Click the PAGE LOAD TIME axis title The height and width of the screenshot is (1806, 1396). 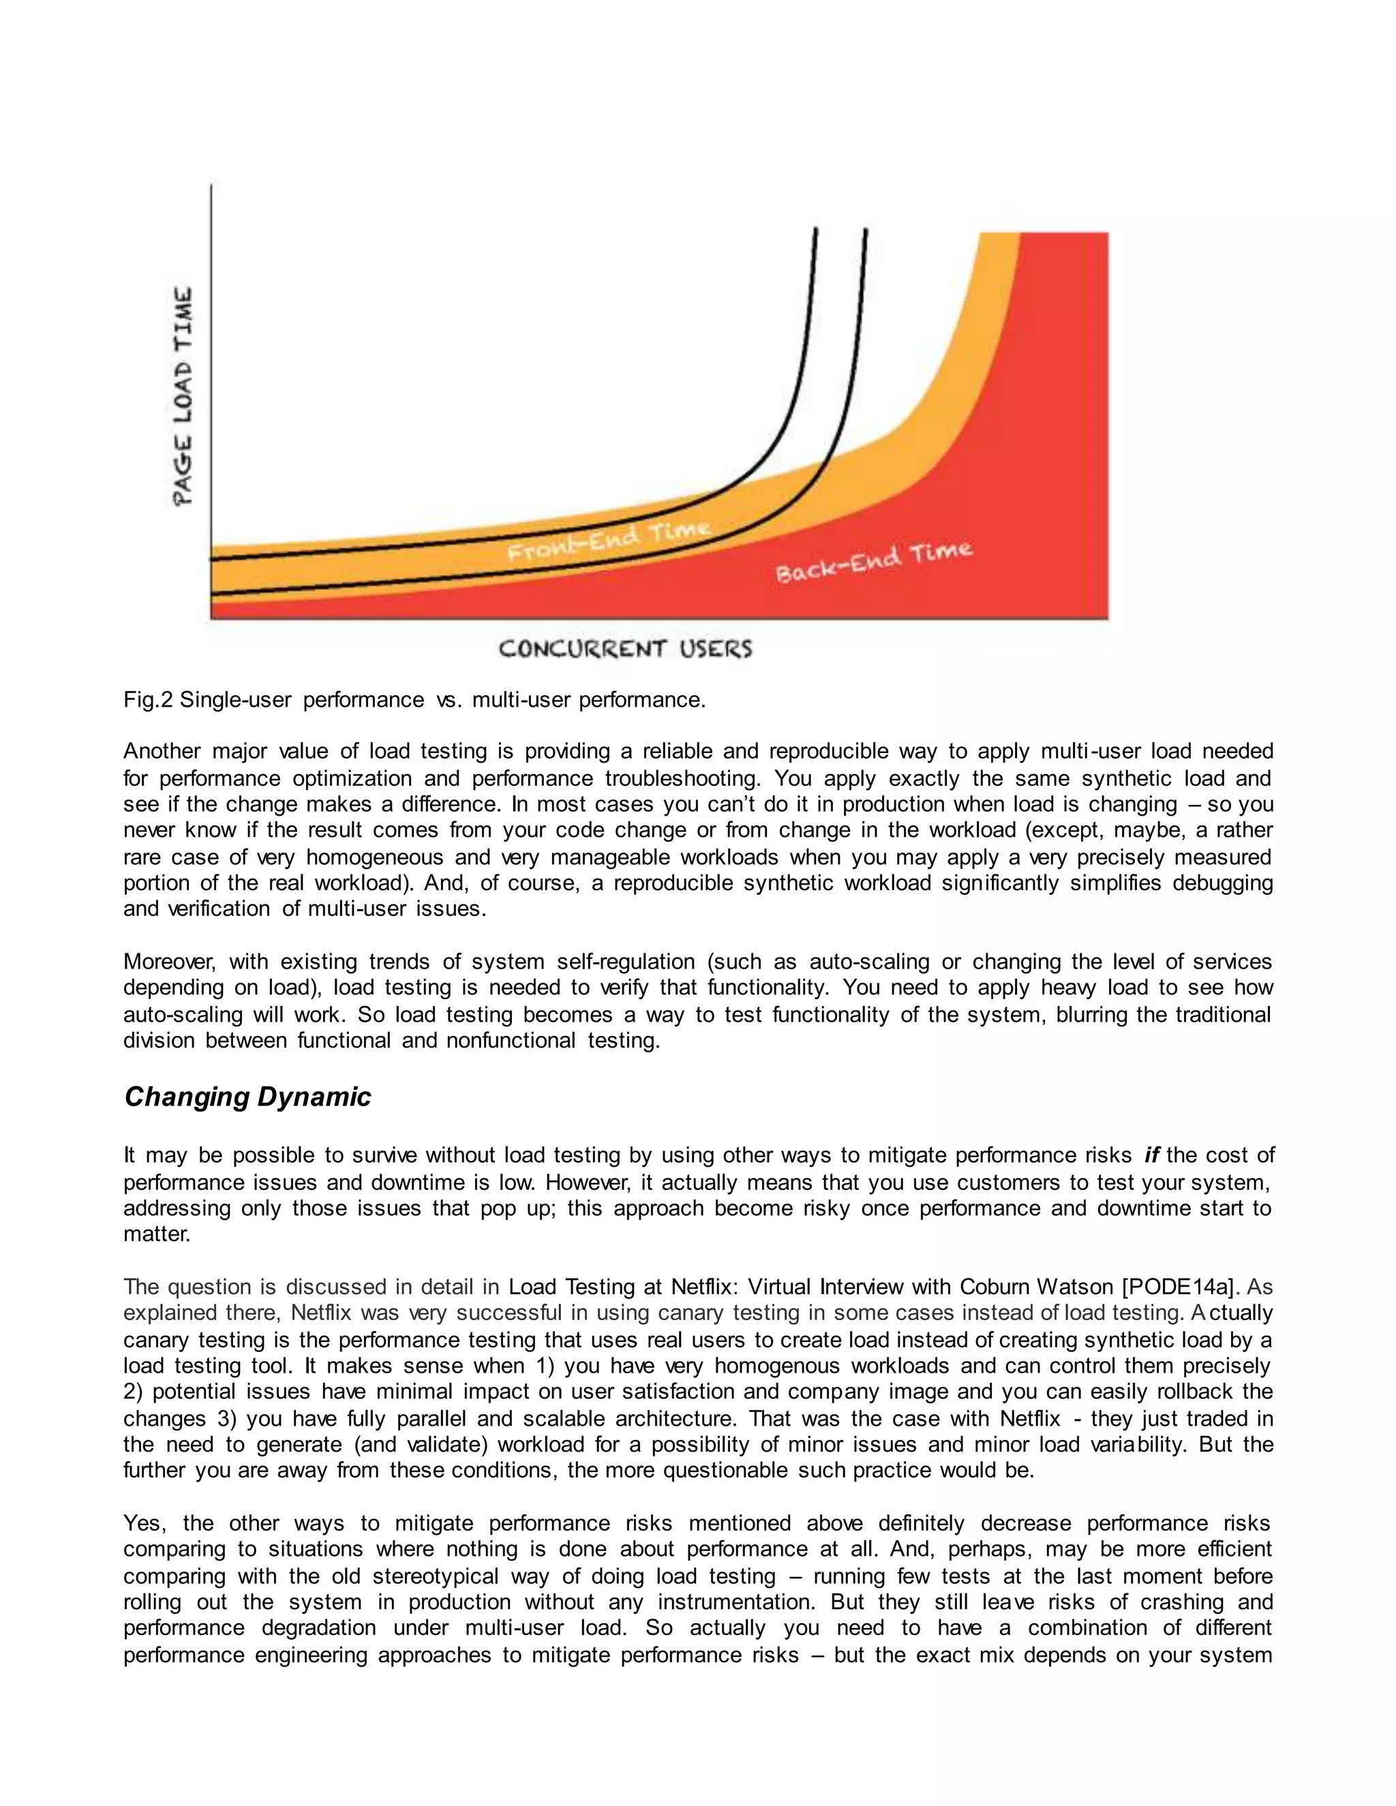(183, 395)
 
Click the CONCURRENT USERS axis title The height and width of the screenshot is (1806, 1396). (625, 648)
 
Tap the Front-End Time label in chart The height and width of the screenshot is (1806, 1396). (609, 540)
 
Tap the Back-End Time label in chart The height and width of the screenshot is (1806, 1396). (873, 562)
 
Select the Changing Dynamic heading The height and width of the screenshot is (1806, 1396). (247, 1097)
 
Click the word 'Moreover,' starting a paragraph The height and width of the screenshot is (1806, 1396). (170, 962)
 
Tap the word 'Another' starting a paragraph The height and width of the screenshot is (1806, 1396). (162, 752)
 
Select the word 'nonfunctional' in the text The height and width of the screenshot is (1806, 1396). (511, 1040)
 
